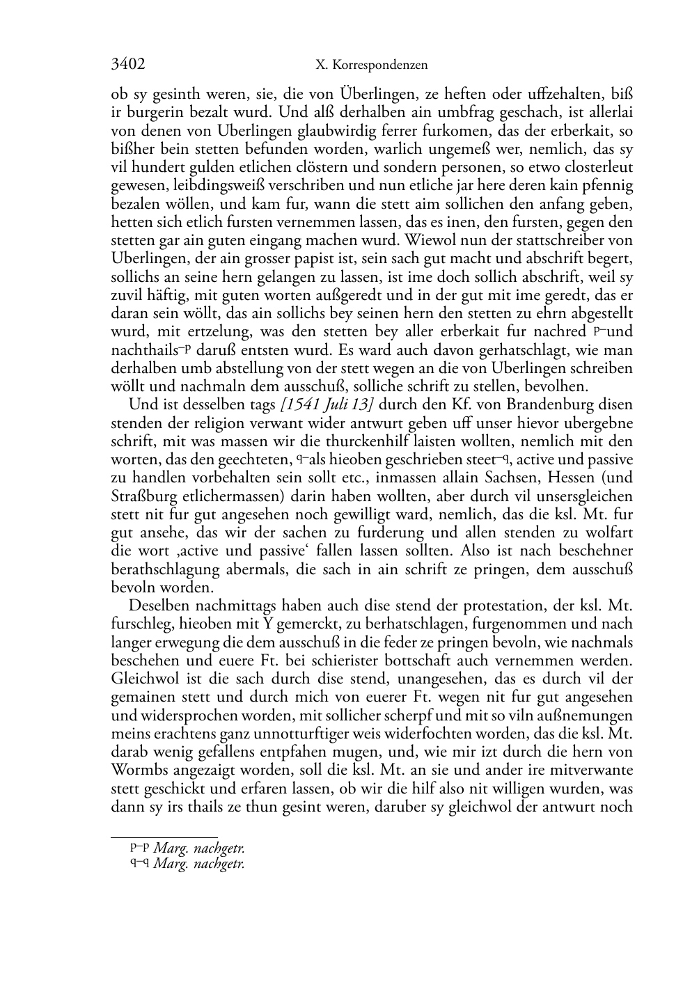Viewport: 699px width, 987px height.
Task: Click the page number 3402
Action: pos(128,65)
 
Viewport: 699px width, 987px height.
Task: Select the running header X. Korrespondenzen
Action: pos(371,65)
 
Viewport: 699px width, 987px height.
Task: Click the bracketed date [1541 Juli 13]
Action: pos(322,404)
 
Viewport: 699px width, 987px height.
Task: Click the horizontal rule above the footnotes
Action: pos(164,837)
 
